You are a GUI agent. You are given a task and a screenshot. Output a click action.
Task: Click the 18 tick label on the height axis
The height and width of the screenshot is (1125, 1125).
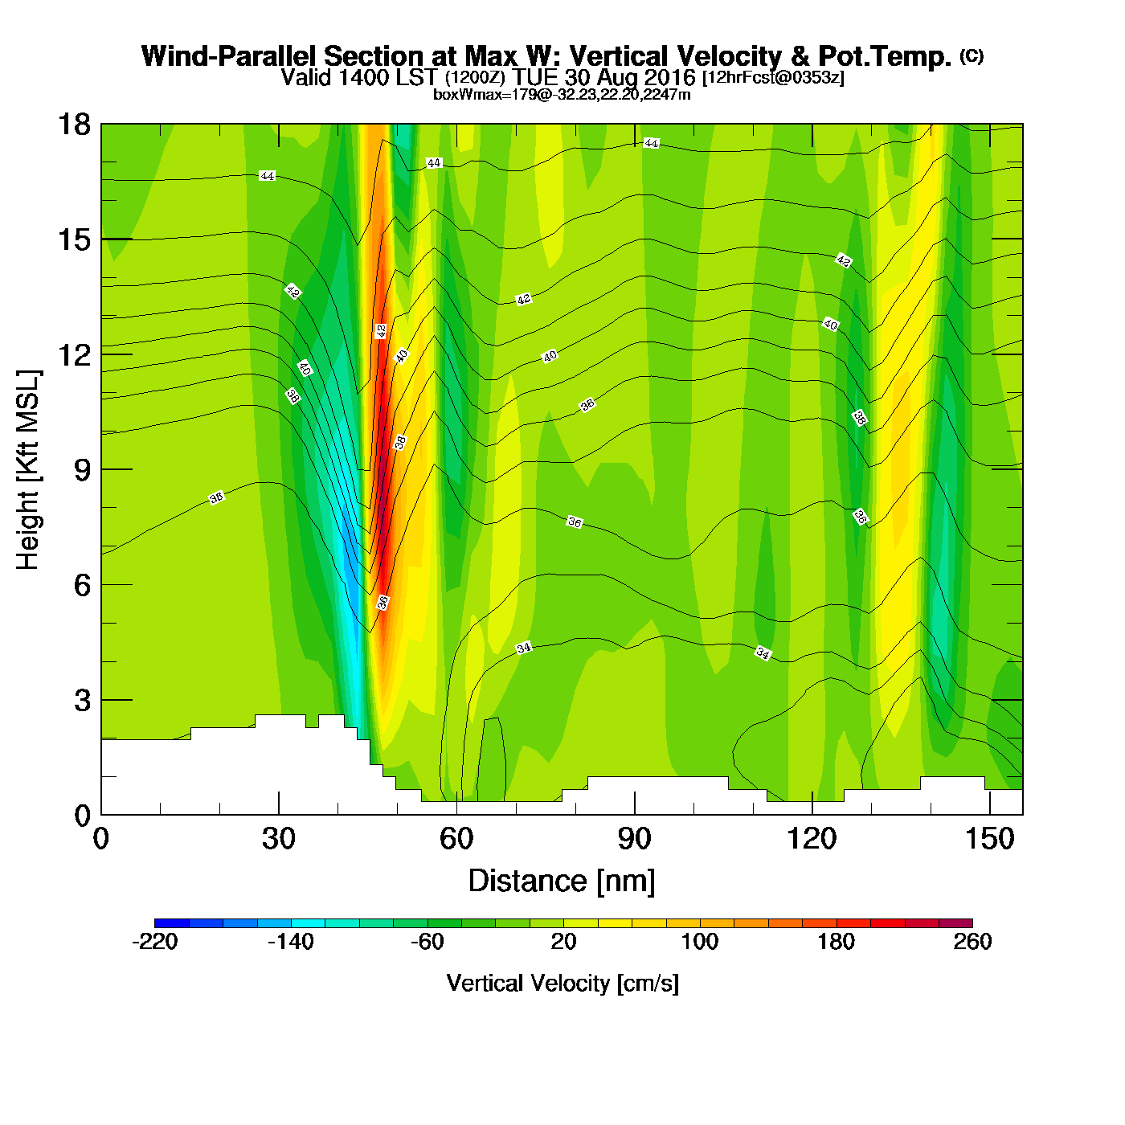tap(73, 125)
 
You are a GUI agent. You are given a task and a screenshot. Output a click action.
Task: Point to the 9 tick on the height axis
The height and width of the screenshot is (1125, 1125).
tap(82, 470)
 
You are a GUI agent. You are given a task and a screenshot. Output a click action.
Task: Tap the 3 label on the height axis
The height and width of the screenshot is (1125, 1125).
tap(82, 701)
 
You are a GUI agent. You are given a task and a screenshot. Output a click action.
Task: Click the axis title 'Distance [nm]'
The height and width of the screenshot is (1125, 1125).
tap(562, 882)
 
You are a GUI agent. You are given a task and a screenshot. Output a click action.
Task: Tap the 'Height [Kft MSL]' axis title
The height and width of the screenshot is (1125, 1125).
tap(28, 470)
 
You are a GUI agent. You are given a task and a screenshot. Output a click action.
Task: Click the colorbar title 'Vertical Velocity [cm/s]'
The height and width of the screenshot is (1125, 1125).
tap(562, 984)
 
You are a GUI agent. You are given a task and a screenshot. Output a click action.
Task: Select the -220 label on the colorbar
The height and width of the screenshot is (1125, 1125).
tap(154, 942)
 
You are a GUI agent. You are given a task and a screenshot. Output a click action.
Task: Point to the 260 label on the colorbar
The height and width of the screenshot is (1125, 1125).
tap(972, 942)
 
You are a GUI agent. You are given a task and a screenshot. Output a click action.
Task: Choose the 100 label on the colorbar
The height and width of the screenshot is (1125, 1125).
tap(700, 942)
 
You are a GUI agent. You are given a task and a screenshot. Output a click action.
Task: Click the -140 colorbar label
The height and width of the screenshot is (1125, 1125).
tap(291, 942)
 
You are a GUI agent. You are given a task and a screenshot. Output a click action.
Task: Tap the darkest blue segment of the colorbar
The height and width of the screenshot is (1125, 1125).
tap(171, 923)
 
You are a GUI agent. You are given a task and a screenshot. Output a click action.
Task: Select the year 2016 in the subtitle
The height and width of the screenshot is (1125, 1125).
tap(669, 78)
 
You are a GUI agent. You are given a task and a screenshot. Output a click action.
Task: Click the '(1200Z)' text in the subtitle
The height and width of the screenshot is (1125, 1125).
tap(475, 78)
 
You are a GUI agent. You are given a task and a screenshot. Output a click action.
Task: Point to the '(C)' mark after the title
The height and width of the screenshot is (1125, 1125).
tap(972, 55)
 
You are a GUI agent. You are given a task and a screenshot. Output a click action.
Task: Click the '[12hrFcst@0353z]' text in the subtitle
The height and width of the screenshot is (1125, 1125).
tap(773, 78)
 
